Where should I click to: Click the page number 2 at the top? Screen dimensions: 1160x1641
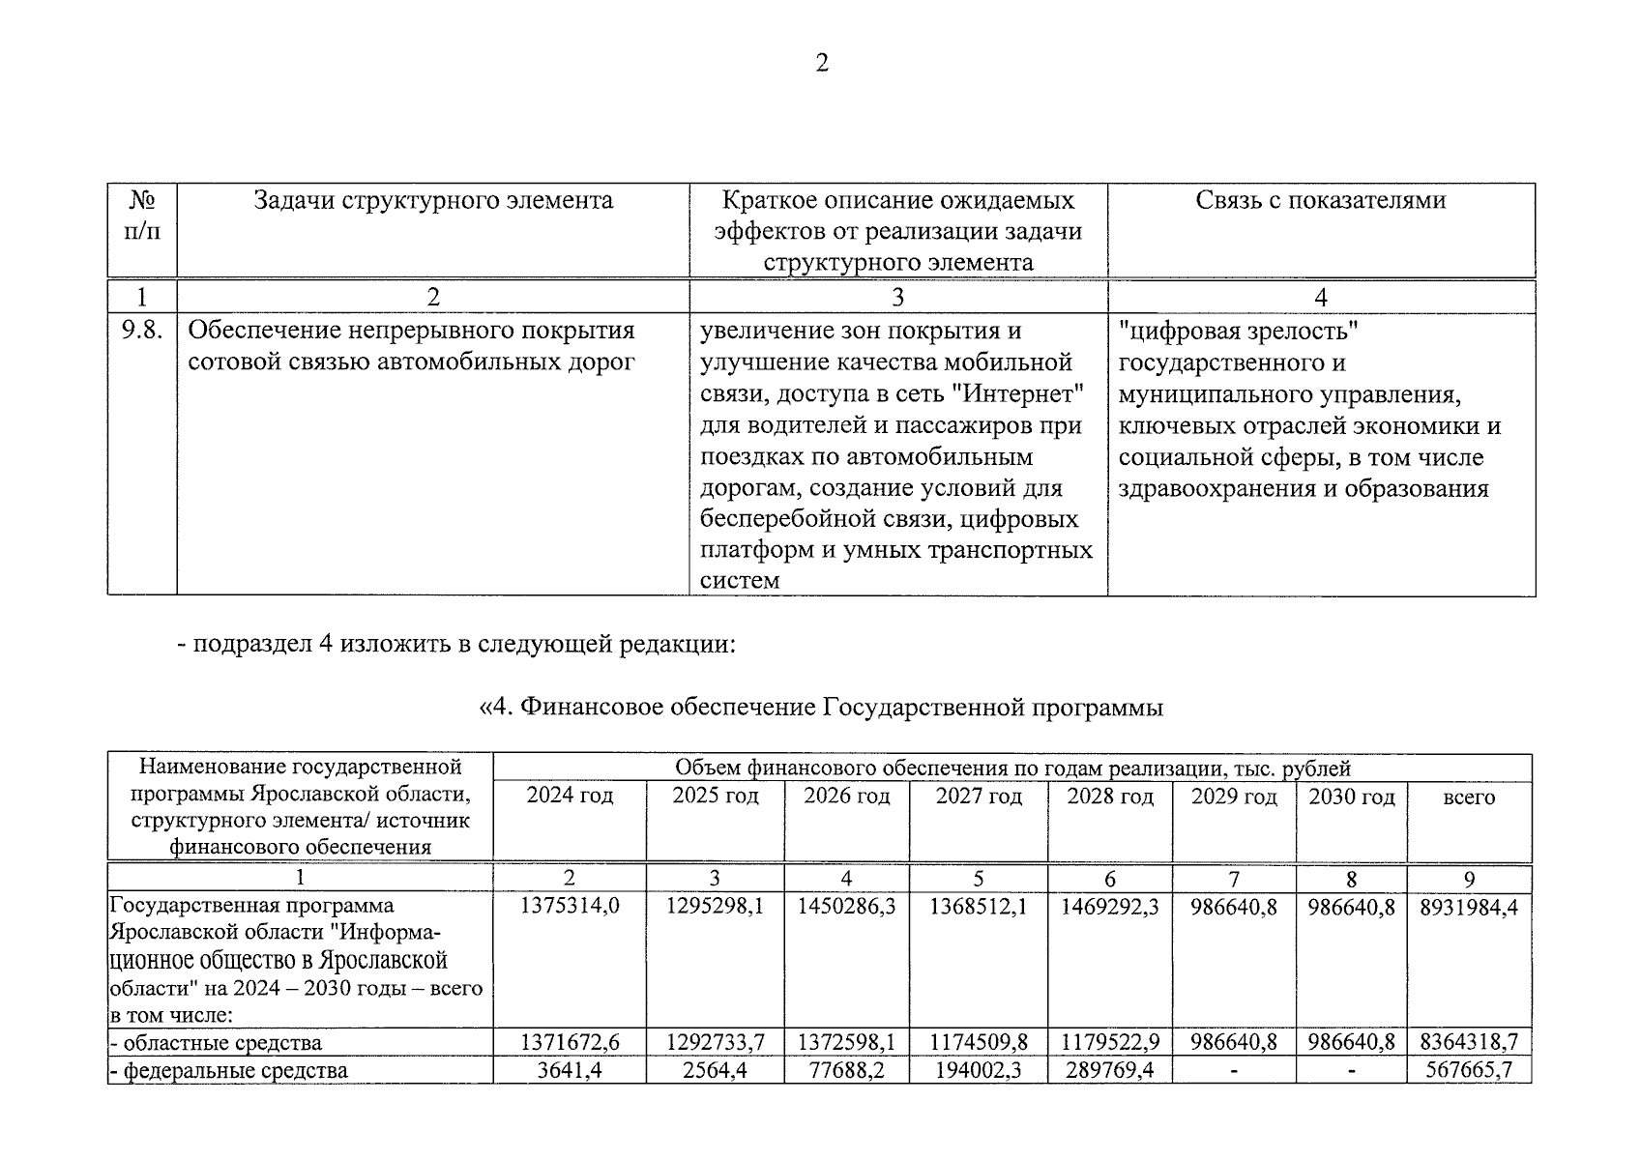[821, 64]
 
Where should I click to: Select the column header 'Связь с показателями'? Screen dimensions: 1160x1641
[1320, 200]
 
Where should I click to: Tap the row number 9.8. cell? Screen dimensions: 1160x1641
[141, 331]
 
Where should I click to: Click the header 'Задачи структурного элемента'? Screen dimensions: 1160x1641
[432, 200]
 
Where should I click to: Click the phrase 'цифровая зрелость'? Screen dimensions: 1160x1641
[1239, 331]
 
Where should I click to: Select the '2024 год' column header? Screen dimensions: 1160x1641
[569, 797]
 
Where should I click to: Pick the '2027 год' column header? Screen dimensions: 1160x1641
[978, 797]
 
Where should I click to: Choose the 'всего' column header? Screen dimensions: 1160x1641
[1468, 797]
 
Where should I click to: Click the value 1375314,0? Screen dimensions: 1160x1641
[569, 907]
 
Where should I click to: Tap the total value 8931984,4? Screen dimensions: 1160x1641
[1468, 907]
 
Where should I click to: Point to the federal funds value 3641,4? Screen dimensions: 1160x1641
[569, 1070]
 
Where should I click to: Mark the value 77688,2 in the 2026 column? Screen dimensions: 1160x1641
[846, 1070]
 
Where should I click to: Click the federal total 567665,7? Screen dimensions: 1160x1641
[1468, 1070]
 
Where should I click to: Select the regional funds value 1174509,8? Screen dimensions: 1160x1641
[978, 1042]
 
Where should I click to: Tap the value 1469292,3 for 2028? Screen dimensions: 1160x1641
[1109, 907]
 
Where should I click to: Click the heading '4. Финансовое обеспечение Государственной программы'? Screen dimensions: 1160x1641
[821, 708]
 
